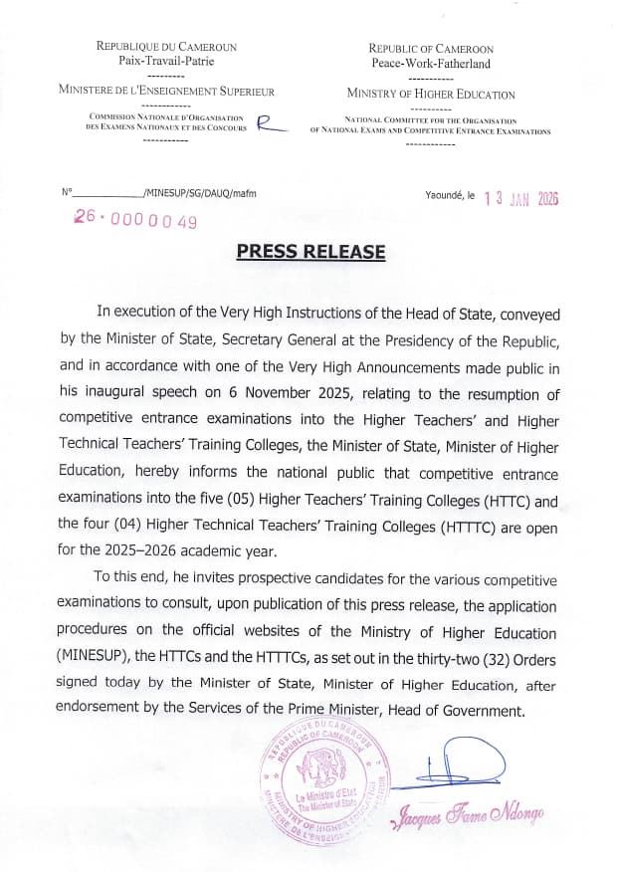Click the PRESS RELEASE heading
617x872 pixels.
(310, 252)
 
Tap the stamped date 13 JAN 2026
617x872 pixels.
(521, 198)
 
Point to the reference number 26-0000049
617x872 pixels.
(135, 220)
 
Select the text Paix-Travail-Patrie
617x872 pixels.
(165, 61)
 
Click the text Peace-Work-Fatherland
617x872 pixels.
(431, 64)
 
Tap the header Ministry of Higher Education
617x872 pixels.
(431, 95)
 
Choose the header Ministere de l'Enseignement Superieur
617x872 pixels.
(166, 91)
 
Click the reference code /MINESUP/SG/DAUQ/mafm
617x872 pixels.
(200, 191)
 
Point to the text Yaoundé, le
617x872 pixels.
(451, 197)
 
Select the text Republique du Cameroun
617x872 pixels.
(165, 46)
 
